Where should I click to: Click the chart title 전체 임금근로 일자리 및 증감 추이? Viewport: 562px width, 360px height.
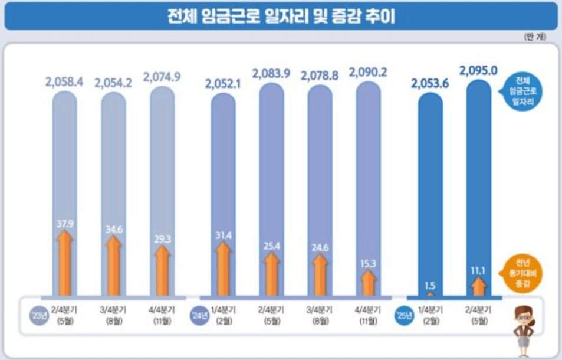click(x=281, y=16)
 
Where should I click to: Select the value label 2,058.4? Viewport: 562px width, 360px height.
click(x=65, y=80)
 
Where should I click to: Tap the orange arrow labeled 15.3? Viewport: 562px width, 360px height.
click(x=368, y=283)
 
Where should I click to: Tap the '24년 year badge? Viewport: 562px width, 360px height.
click(x=198, y=315)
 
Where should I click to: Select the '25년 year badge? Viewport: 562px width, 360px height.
click(x=403, y=315)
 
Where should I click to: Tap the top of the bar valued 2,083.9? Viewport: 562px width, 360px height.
click(x=271, y=89)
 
